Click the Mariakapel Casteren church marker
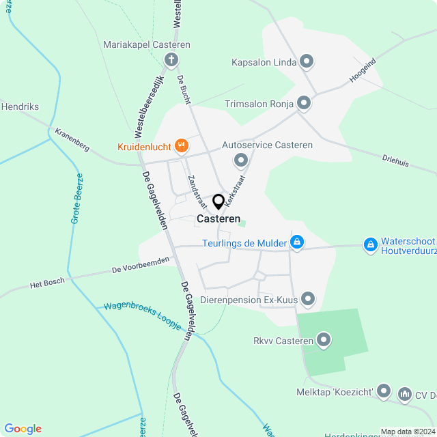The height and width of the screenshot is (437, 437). [171, 60]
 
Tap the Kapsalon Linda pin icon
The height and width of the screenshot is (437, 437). [307, 62]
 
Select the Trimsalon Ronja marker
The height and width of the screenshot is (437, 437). [304, 104]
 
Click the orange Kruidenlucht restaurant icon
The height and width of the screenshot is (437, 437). [181, 145]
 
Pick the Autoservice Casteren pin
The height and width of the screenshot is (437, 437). [241, 161]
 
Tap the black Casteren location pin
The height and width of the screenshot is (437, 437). [218, 202]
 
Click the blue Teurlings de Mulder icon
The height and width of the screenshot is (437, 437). [297, 242]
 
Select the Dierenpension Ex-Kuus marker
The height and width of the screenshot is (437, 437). [309, 298]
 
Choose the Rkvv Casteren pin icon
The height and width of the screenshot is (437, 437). [324, 339]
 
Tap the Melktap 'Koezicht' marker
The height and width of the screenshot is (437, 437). [384, 391]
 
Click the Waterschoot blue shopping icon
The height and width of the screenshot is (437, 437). [370, 244]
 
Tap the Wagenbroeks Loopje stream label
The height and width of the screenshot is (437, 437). [143, 315]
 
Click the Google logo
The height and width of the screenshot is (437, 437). [23, 428]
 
